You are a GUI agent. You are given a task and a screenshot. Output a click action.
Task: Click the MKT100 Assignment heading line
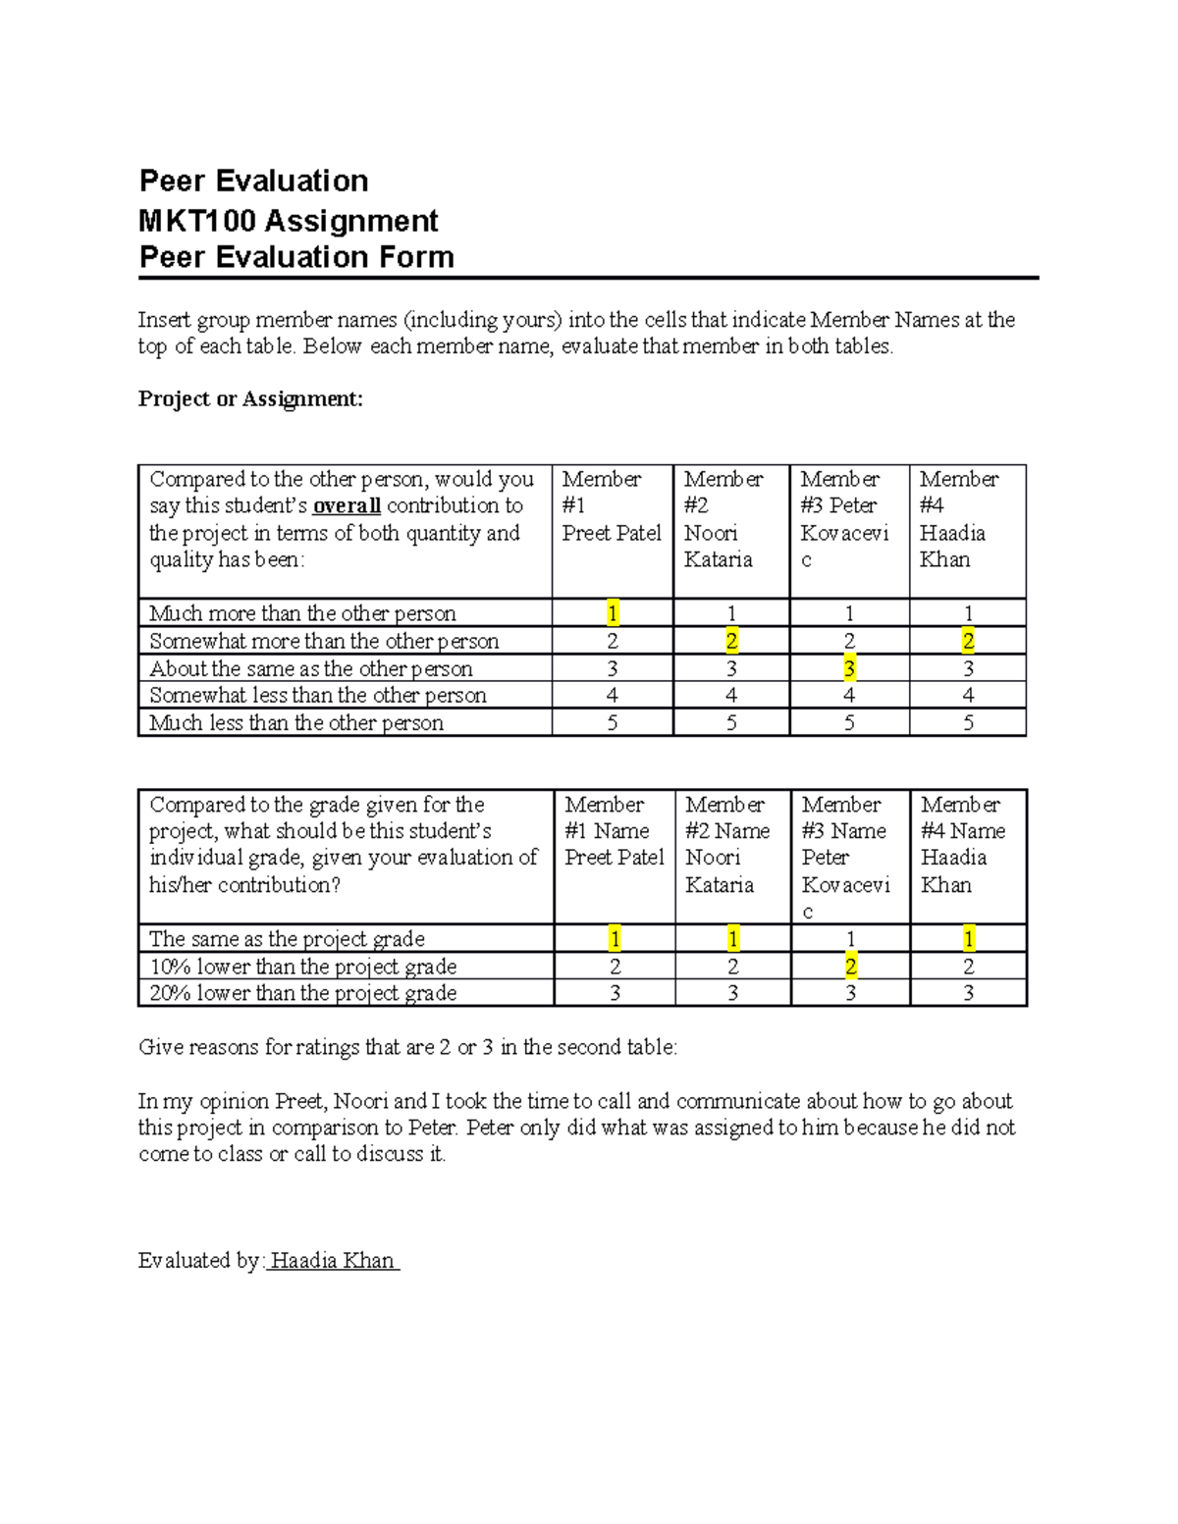289,220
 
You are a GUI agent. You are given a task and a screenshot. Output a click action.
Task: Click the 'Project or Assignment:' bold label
250,398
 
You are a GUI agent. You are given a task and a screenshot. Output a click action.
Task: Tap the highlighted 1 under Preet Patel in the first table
613,613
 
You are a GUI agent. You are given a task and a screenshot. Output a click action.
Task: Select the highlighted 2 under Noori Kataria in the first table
731,641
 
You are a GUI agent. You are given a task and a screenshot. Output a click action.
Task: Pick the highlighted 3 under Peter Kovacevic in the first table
849,668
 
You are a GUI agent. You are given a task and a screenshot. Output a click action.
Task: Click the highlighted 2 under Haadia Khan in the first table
968,641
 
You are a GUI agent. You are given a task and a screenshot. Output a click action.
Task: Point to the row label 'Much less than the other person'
296,723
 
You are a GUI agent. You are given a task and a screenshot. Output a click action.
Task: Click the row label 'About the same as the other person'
311,668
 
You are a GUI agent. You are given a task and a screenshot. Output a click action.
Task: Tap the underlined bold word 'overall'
347,506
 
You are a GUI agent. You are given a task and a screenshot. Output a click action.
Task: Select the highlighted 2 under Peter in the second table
850,967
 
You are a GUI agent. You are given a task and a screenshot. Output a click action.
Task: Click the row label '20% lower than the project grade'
303,993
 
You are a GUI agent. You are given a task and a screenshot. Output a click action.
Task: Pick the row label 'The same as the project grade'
287,939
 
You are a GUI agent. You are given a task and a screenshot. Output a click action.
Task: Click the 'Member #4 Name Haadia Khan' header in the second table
963,844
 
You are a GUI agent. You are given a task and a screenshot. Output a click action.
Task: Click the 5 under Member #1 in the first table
613,723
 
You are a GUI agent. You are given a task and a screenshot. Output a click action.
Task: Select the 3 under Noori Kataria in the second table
732,993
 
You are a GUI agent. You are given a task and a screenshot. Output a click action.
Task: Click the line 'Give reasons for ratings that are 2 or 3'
407,1047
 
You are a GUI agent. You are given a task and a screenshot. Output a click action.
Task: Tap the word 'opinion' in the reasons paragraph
228,1101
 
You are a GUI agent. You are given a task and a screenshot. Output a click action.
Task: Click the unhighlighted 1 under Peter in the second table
850,939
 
